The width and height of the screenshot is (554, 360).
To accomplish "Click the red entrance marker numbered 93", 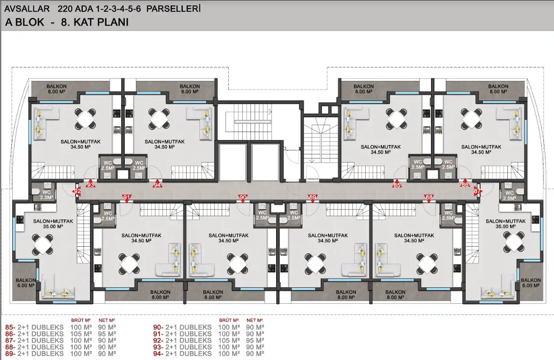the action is tap(91, 184).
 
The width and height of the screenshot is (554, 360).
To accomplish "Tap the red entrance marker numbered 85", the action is tap(397, 184).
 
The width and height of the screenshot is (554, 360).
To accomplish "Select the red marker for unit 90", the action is tap(243, 198).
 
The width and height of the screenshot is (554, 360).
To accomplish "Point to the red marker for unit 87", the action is tap(477, 191).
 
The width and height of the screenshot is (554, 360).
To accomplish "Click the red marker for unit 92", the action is tap(77, 191).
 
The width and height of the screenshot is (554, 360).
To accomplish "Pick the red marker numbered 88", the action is tap(429, 198).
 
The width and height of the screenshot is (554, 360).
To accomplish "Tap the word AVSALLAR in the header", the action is tap(27, 9).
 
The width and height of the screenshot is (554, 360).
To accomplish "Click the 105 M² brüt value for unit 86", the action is tap(81, 334).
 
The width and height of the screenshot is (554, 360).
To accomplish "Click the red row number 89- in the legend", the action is tap(10, 354).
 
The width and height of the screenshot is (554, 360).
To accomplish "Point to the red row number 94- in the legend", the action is tap(158, 354).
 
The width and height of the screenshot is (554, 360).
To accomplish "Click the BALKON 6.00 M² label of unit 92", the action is tap(26, 283).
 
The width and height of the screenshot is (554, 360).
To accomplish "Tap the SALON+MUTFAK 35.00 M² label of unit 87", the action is tap(506, 224).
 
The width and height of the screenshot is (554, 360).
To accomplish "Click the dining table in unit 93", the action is tap(85, 119).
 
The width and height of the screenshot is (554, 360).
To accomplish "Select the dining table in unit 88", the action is tap(427, 264).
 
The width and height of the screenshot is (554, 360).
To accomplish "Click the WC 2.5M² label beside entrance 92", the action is tap(47, 195).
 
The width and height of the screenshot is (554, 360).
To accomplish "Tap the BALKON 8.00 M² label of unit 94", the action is tap(190, 89).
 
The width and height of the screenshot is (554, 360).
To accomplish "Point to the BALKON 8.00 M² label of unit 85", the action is tap(363, 89).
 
